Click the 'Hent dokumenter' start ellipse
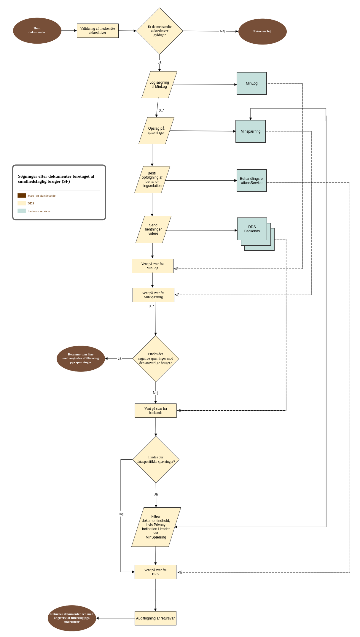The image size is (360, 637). click(x=37, y=31)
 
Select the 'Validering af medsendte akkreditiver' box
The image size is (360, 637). click(x=98, y=31)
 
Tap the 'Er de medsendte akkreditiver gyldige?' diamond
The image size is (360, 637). click(x=160, y=31)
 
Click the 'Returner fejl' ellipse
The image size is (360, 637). click(x=262, y=31)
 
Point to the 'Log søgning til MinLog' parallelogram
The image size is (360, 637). click(x=159, y=85)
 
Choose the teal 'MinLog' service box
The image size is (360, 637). click(x=251, y=83)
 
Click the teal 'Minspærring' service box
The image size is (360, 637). click(x=250, y=131)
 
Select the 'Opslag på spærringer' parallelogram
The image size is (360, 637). click(x=156, y=131)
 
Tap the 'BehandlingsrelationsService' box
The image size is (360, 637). click(x=251, y=180)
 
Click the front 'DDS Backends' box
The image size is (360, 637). click(x=252, y=229)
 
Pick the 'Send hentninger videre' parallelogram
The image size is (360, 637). click(x=153, y=229)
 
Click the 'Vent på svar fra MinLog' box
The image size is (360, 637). click(x=152, y=266)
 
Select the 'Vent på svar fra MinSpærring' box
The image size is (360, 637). click(x=153, y=295)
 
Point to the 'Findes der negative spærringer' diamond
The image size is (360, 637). click(x=156, y=358)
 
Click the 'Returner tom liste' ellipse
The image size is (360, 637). click(x=81, y=358)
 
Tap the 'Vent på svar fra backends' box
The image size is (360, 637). click(x=156, y=411)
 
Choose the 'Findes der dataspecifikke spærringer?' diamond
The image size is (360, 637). click(x=156, y=459)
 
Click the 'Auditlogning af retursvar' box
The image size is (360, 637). click(x=155, y=618)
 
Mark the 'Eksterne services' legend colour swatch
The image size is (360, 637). click(x=22, y=211)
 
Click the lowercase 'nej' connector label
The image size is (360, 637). click(x=121, y=514)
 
